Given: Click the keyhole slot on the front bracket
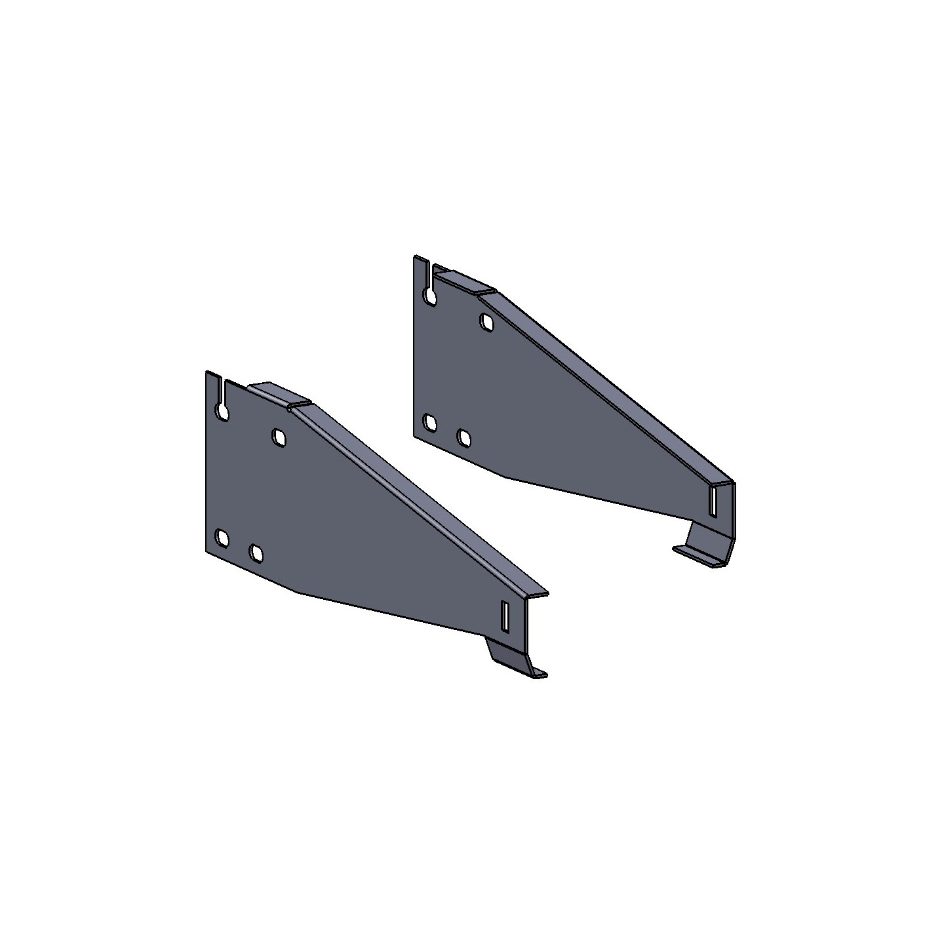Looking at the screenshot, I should tap(223, 410).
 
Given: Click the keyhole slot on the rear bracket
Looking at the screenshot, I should tap(430, 295).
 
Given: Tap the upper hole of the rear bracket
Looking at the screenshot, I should tap(486, 321).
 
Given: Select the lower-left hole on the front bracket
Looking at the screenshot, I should tap(223, 539).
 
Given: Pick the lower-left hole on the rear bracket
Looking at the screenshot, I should tap(430, 423).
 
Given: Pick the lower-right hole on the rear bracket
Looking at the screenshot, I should tap(464, 437).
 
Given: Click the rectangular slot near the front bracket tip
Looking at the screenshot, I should tap(504, 616).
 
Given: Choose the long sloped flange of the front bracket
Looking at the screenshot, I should tap(420, 498).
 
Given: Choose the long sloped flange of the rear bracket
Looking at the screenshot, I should tap(610, 387).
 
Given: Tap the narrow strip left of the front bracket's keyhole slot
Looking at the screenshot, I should tap(212, 393).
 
